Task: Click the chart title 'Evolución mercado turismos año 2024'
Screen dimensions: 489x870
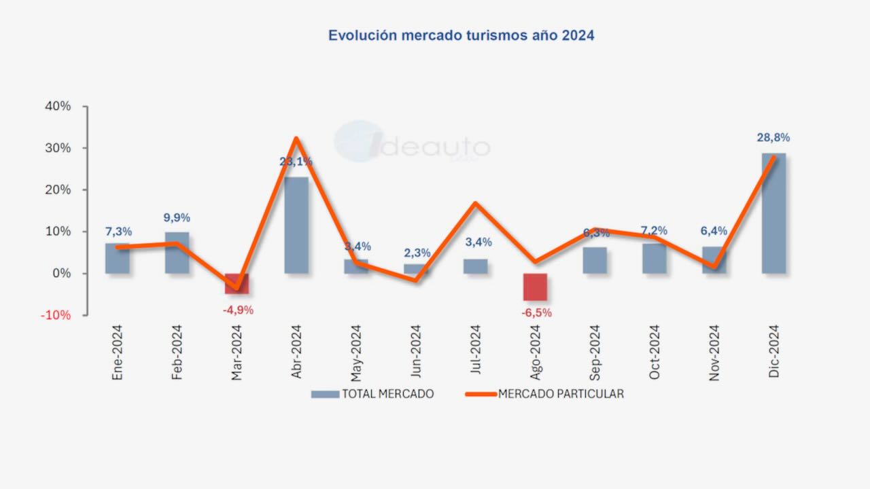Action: [461, 35]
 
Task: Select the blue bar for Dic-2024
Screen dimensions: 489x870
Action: [773, 213]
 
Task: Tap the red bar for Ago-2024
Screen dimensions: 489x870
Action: [535, 287]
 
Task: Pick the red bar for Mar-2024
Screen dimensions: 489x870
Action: [237, 283]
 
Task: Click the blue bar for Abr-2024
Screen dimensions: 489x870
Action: [296, 225]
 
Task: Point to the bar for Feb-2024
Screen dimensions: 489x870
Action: [177, 253]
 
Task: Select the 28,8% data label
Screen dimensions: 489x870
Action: [773, 138]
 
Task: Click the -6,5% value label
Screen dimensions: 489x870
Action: [536, 313]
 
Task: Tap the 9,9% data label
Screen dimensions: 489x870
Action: [177, 218]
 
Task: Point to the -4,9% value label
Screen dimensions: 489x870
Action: [238, 310]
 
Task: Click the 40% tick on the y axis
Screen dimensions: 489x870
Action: [58, 107]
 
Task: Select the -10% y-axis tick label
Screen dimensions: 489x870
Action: [56, 315]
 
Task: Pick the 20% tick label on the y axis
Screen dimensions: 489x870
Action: [58, 190]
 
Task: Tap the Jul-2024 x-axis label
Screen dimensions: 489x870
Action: [475, 350]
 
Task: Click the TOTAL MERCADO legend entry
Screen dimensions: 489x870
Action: [372, 394]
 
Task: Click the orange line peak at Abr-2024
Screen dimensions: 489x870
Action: [296, 139]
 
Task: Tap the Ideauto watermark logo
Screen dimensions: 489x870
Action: [412, 143]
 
